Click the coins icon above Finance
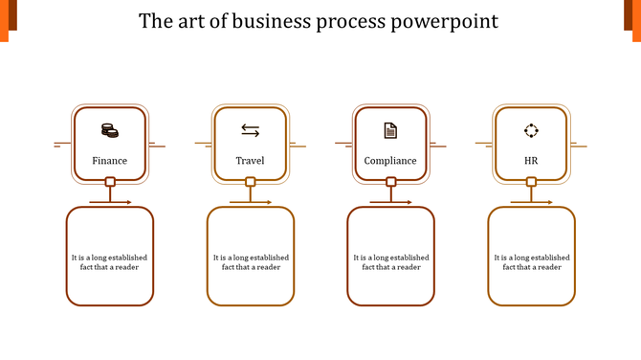click(x=109, y=130)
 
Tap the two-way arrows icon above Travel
click(x=250, y=130)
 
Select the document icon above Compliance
click(x=390, y=130)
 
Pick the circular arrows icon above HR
click(x=531, y=130)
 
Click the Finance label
click(x=109, y=161)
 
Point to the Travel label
click(x=250, y=161)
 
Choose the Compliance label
click(x=390, y=161)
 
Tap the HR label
click(x=531, y=161)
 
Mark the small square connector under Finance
click(x=110, y=182)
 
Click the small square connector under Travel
click(x=251, y=182)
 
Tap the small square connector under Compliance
click(x=390, y=182)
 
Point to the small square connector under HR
click(x=531, y=182)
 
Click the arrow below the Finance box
click(x=111, y=202)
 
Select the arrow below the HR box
click(x=532, y=202)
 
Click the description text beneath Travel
click(x=251, y=262)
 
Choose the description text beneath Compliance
click(x=390, y=262)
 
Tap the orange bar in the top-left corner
click(x=4, y=21)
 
